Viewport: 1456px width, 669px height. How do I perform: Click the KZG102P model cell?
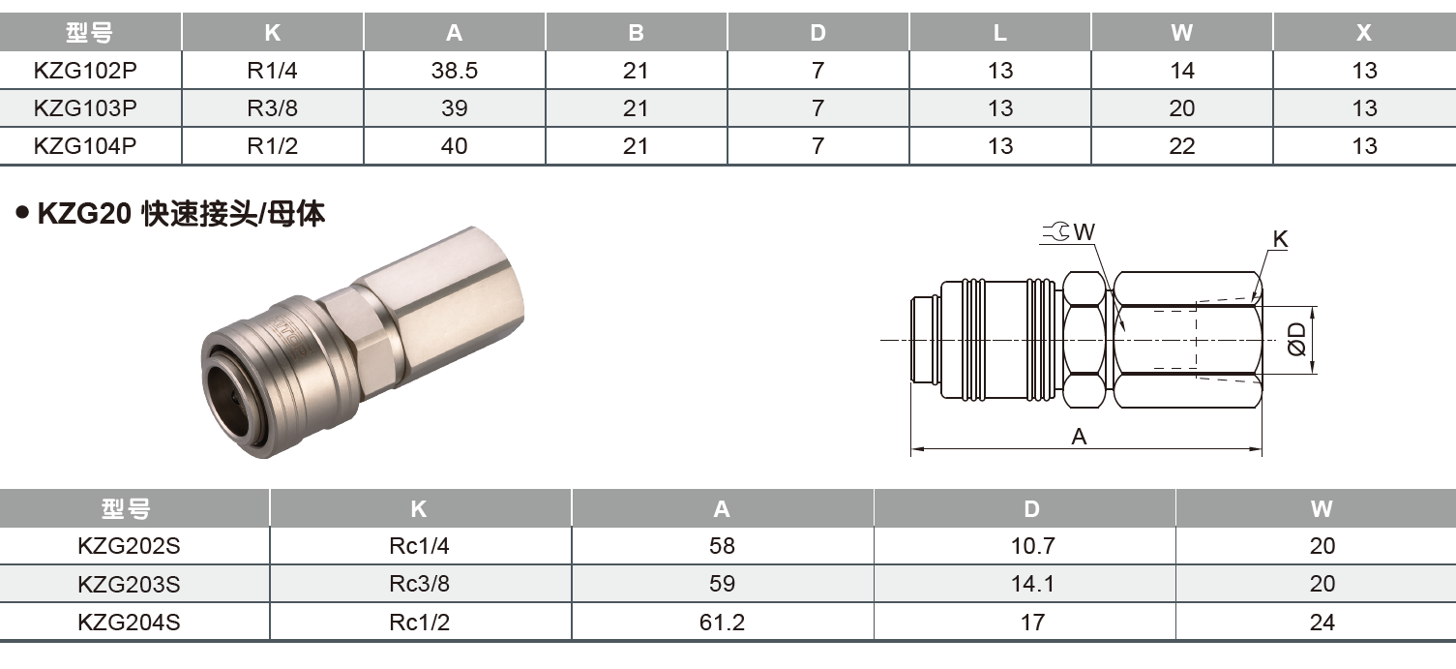[x=85, y=71]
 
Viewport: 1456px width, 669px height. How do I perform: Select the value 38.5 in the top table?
[x=455, y=71]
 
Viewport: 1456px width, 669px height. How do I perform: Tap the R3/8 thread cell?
[x=273, y=108]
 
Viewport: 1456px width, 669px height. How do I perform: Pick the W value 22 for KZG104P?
[x=1181, y=146]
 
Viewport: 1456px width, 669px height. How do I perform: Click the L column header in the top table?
[x=999, y=33]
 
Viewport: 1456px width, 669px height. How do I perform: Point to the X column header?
[x=1364, y=33]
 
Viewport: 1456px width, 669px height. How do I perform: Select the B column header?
[x=636, y=33]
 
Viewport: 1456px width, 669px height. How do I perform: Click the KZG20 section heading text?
[x=181, y=213]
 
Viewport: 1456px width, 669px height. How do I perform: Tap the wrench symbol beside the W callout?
[x=1056, y=231]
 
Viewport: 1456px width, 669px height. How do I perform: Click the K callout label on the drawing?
[x=1280, y=239]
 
